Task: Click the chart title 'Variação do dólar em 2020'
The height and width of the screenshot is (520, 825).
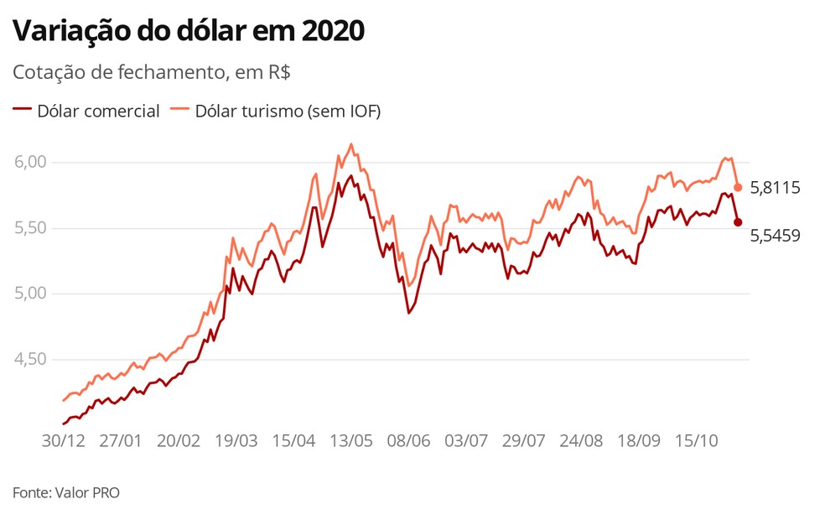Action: (x=189, y=32)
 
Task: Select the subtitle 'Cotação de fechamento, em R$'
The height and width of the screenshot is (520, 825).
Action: (x=152, y=72)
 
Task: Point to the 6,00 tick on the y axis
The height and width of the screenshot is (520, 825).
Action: (x=32, y=162)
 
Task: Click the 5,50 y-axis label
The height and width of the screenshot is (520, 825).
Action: (x=32, y=228)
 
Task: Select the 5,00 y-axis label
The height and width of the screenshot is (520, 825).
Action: (x=32, y=294)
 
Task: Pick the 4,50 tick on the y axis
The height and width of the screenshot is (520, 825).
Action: (x=32, y=359)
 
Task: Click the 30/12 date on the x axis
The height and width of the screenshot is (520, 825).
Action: (x=64, y=440)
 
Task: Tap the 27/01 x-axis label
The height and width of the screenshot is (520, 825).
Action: (x=121, y=440)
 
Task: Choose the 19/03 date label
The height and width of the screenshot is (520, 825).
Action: (x=236, y=440)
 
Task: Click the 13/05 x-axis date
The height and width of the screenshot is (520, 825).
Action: (x=350, y=440)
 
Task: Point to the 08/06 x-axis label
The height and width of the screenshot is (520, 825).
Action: (x=408, y=440)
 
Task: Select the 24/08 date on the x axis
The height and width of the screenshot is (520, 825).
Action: (x=581, y=440)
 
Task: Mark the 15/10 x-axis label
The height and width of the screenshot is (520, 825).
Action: (x=696, y=440)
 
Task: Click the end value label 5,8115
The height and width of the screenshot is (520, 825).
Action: (x=775, y=188)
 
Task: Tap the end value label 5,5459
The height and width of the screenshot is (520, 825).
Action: (x=775, y=236)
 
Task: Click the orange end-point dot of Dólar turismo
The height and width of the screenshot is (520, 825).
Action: (x=738, y=187)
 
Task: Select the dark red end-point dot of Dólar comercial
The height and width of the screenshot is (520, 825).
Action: (x=738, y=222)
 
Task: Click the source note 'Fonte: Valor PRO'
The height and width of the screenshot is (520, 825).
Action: (x=66, y=492)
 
